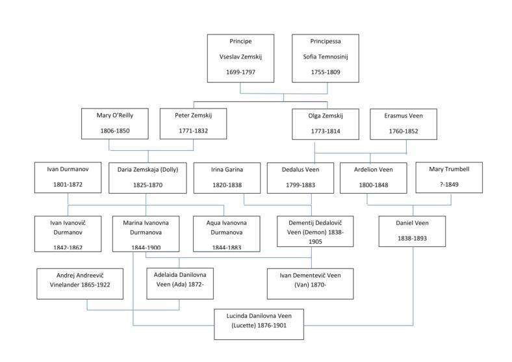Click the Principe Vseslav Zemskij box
click(x=240, y=58)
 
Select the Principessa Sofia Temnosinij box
click(x=325, y=58)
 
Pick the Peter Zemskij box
click(x=194, y=123)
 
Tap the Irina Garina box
click(x=227, y=177)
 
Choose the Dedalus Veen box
click(x=300, y=177)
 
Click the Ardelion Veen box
click(x=372, y=177)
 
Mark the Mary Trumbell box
click(x=448, y=177)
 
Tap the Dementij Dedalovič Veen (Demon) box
click(x=315, y=231)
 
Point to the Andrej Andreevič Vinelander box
click(x=80, y=283)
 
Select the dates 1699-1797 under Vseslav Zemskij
click(x=240, y=71)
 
